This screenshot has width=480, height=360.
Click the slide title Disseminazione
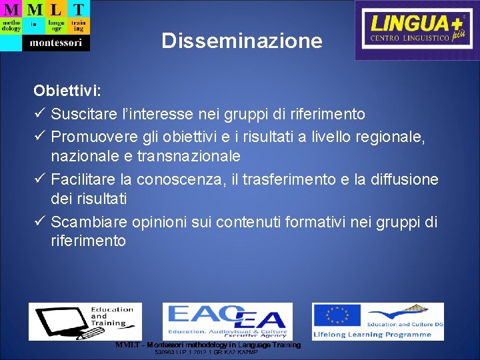[x=242, y=42]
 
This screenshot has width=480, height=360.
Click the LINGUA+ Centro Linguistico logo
[x=417, y=30]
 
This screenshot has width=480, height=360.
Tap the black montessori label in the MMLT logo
[x=56, y=43]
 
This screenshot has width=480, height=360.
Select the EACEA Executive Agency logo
[x=227, y=321]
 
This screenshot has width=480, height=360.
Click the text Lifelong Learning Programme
[x=378, y=334]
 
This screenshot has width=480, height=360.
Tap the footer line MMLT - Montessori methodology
[x=208, y=345]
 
